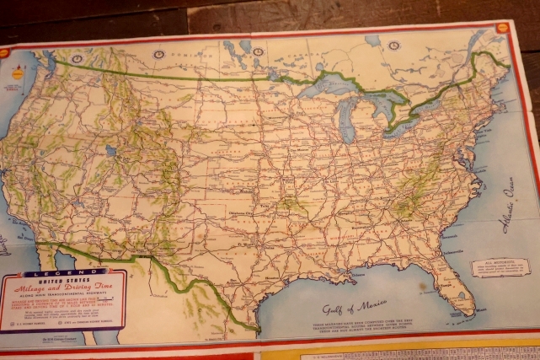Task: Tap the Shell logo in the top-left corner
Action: [6, 52]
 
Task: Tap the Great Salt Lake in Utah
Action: [110, 151]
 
